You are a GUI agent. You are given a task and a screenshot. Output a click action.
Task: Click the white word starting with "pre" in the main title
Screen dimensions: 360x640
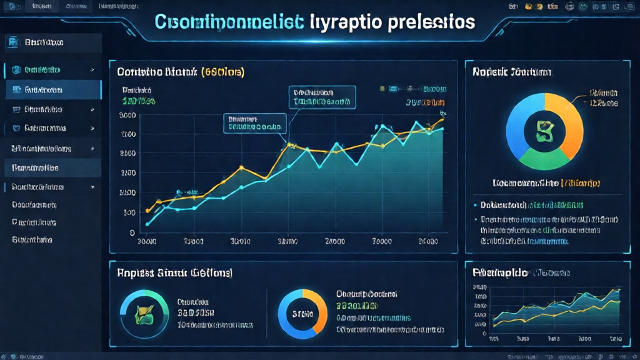tap(430, 21)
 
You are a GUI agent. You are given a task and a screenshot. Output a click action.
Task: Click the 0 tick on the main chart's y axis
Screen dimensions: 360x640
tap(132, 232)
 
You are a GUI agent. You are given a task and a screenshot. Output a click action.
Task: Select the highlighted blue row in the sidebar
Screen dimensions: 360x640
tap(52, 89)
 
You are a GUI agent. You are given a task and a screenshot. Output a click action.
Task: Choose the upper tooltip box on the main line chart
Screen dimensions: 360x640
tap(322, 96)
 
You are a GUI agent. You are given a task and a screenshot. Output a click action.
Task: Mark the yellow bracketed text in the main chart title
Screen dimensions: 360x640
tap(222, 71)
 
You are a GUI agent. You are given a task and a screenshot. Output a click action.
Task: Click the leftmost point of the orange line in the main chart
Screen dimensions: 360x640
tap(147, 211)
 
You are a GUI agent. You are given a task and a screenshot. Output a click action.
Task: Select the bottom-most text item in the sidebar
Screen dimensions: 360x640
tap(32, 239)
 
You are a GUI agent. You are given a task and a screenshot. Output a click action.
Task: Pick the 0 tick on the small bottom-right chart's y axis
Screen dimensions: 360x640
tap(485, 334)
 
